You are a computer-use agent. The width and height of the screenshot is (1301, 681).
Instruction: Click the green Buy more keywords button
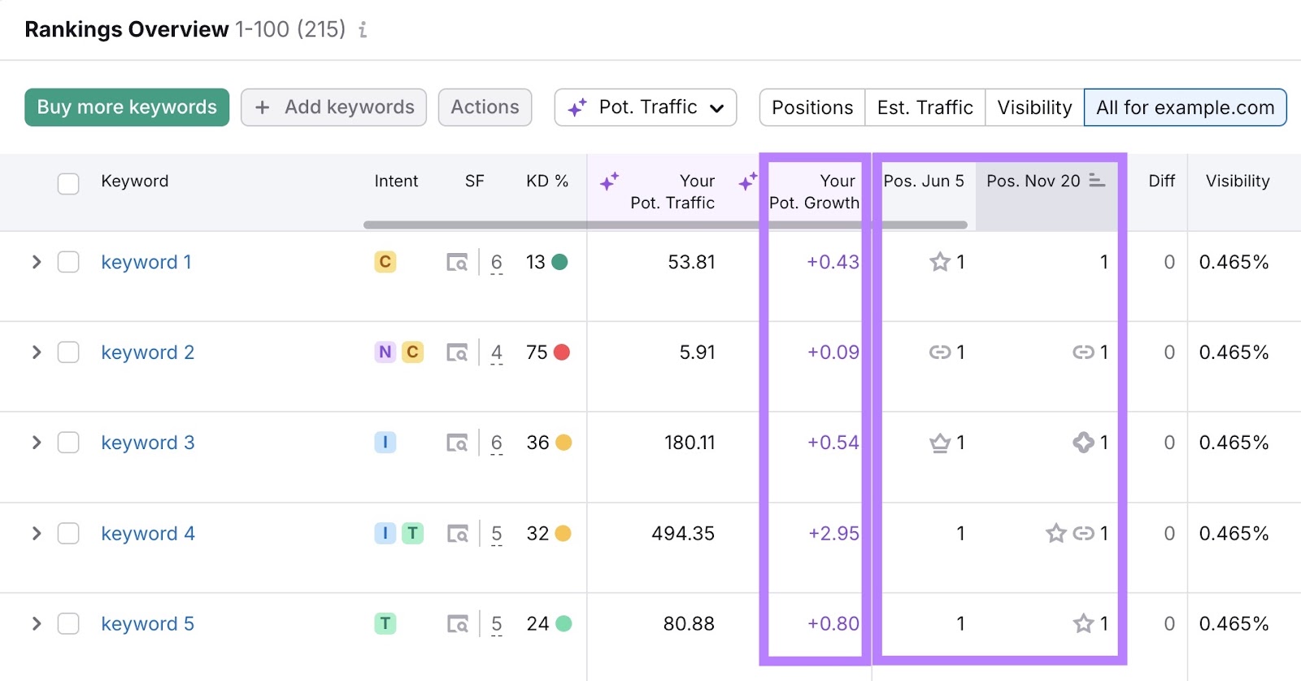(127, 107)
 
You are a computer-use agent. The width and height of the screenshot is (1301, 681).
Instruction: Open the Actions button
(485, 107)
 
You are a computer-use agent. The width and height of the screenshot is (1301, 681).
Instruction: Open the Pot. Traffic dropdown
(646, 107)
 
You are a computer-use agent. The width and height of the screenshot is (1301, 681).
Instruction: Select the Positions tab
(812, 107)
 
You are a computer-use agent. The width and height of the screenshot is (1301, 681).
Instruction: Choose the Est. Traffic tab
(925, 107)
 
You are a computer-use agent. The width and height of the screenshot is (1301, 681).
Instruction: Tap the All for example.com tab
(1185, 107)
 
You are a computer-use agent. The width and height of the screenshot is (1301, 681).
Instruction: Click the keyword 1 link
(146, 262)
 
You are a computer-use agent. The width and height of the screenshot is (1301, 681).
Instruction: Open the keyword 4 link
(148, 534)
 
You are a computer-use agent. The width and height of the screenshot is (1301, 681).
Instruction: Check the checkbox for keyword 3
(68, 443)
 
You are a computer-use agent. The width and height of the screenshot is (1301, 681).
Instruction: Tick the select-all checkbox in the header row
(68, 183)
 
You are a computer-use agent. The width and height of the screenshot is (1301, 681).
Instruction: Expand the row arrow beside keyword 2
(36, 352)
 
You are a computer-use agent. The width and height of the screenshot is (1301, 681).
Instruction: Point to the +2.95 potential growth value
(833, 534)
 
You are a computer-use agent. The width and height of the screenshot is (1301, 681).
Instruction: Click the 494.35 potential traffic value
(683, 534)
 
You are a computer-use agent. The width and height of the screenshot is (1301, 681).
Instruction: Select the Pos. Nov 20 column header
(1033, 181)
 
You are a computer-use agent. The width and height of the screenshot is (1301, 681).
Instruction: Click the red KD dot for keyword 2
(561, 352)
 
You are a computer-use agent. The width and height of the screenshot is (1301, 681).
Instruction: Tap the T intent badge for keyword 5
(385, 624)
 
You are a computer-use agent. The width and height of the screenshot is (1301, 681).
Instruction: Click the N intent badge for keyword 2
(385, 352)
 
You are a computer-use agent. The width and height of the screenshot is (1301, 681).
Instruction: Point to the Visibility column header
(1237, 181)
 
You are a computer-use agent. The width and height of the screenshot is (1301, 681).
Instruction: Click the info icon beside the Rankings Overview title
(363, 30)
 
